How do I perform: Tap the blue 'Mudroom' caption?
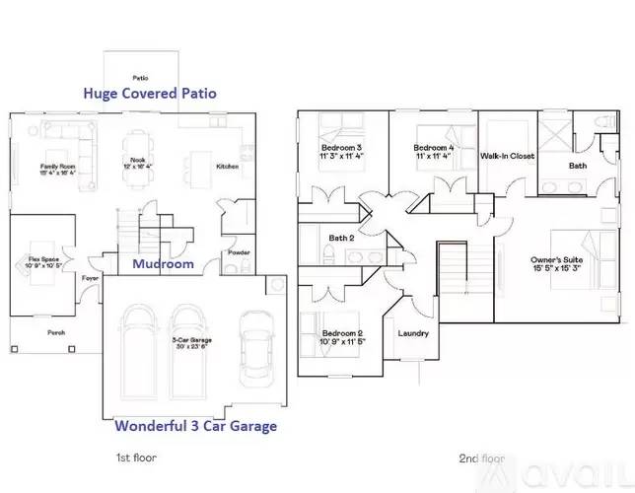[x=163, y=264]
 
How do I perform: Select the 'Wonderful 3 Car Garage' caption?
[x=195, y=427]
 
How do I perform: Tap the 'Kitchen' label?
[x=227, y=167]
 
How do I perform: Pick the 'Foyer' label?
[x=90, y=278]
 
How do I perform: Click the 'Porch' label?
[x=56, y=332]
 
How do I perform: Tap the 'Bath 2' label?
[x=341, y=237]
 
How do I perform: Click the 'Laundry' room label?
[x=413, y=333]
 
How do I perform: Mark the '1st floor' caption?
[x=136, y=458]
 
